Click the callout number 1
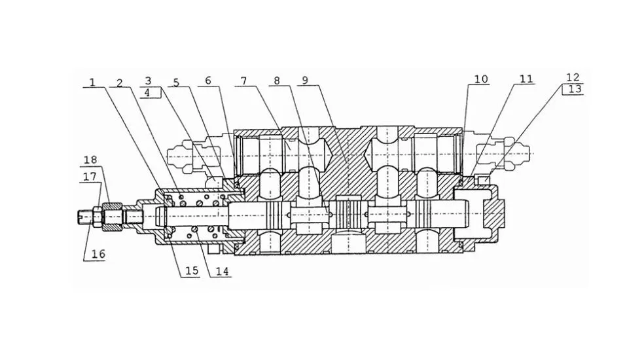(x=92, y=82)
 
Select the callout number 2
(x=120, y=82)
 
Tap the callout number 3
(x=149, y=81)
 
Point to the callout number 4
(x=147, y=93)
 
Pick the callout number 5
(x=176, y=82)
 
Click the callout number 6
(x=208, y=80)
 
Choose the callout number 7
(x=244, y=81)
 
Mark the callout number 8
(x=277, y=80)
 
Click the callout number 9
(x=305, y=80)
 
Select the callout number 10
(x=481, y=79)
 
